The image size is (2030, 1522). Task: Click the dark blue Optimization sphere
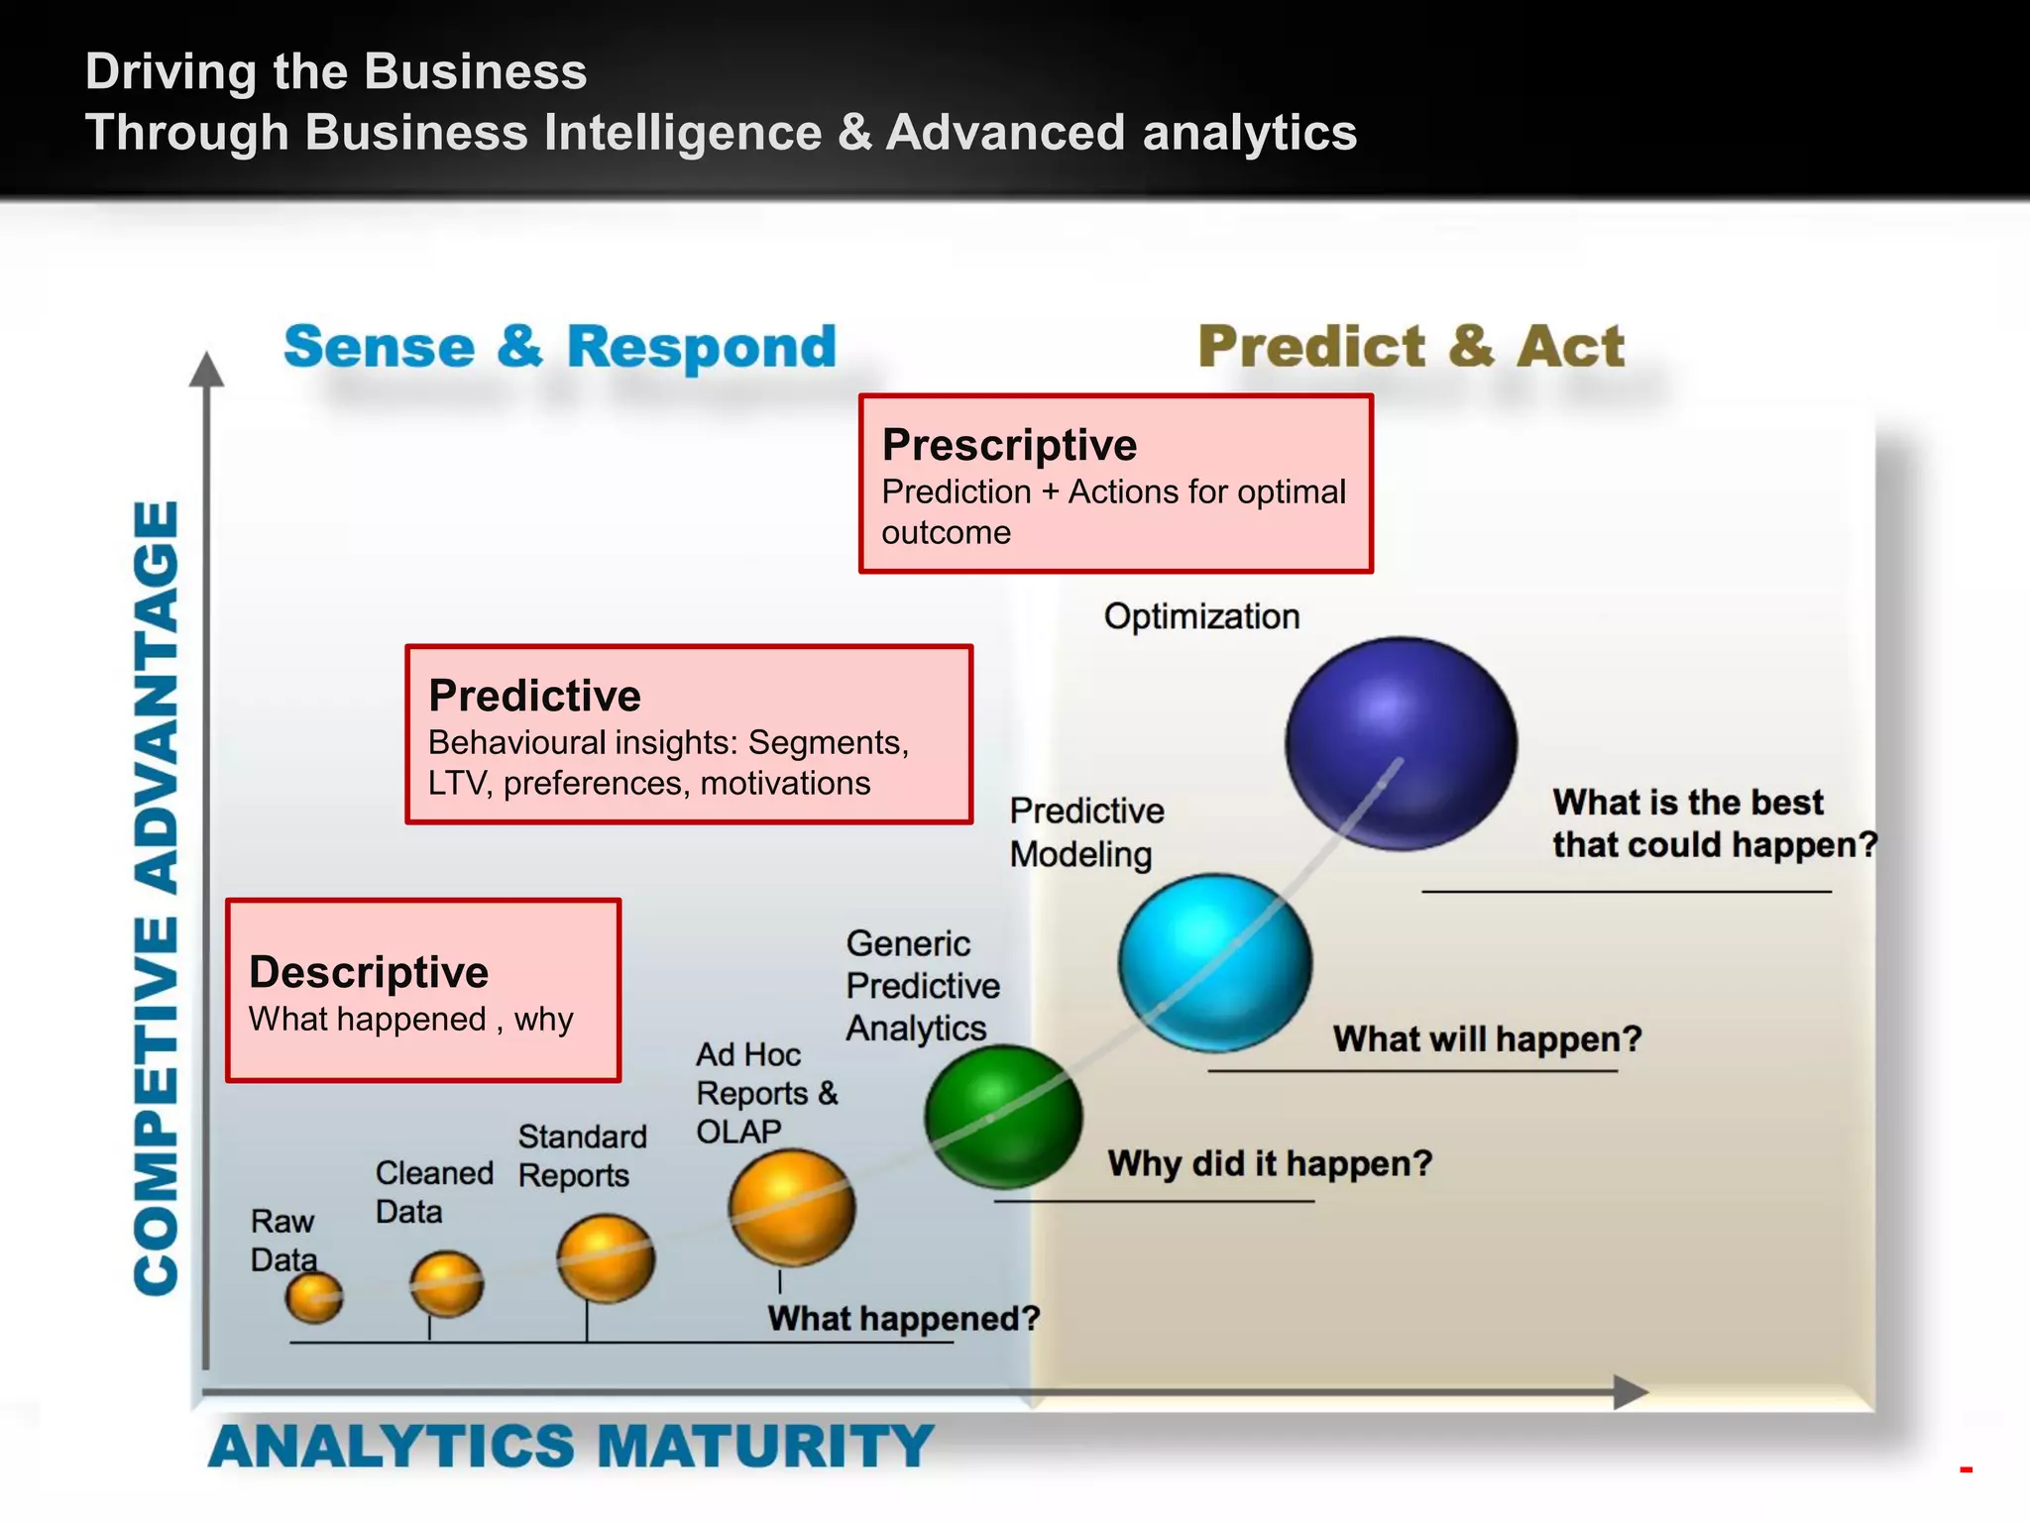(x=1401, y=743)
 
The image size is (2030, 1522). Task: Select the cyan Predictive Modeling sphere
(x=1215, y=962)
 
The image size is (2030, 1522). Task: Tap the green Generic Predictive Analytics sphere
(x=1003, y=1117)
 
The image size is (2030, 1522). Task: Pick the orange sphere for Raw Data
(x=314, y=1297)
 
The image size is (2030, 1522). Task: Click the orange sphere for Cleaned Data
(x=447, y=1284)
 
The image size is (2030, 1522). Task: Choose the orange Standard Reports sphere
(x=606, y=1258)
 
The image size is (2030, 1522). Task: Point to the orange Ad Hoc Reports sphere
(x=792, y=1207)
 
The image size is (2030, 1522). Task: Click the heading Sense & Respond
(x=560, y=347)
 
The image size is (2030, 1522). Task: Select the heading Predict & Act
(x=1410, y=347)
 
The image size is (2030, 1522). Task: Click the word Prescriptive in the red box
(x=1009, y=445)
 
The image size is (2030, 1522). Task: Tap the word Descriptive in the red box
(x=369, y=972)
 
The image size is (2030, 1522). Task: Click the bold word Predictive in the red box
(x=534, y=696)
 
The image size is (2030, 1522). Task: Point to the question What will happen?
(x=1487, y=1039)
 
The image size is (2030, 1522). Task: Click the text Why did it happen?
(x=1270, y=1163)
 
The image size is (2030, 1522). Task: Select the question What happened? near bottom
(x=903, y=1319)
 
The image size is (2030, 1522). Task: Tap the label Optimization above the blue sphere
(x=1201, y=616)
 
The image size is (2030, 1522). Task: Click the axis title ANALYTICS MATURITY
(x=570, y=1446)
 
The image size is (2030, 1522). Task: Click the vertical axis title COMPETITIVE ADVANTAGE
(x=157, y=897)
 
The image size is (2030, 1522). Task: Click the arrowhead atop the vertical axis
(x=206, y=370)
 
